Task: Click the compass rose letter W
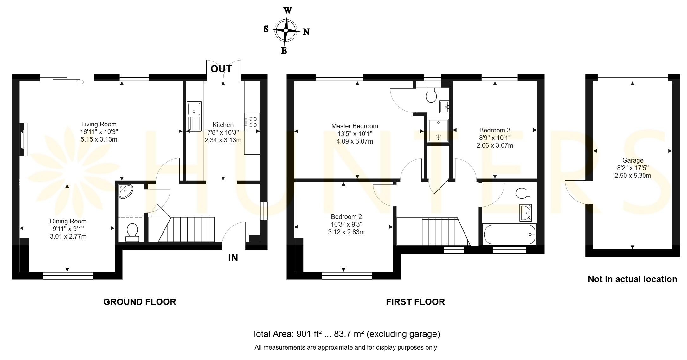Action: [x=287, y=10]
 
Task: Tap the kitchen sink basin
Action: [x=194, y=108]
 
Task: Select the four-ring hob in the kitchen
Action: [x=252, y=122]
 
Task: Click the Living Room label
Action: [x=99, y=124]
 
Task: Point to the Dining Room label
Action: [x=68, y=221]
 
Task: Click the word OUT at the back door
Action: [x=221, y=69]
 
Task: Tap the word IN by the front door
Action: [x=233, y=258]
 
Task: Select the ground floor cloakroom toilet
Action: [x=132, y=232]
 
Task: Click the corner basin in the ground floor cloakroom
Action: [x=126, y=191]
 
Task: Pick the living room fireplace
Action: [x=23, y=139]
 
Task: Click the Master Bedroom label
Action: [x=355, y=126]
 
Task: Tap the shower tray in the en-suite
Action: [x=438, y=130]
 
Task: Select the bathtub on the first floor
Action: [x=509, y=235]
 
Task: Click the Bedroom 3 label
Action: [x=495, y=130]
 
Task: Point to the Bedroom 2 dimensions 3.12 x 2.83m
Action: [x=346, y=232]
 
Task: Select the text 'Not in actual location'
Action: [x=632, y=279]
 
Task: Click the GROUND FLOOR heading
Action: [x=140, y=302]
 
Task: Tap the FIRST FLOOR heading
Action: [x=415, y=302]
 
